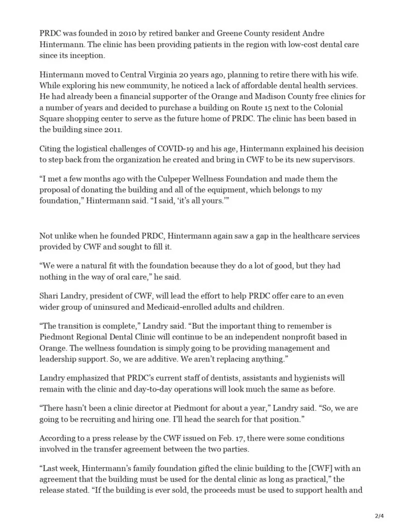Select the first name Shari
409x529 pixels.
click(50, 295)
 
